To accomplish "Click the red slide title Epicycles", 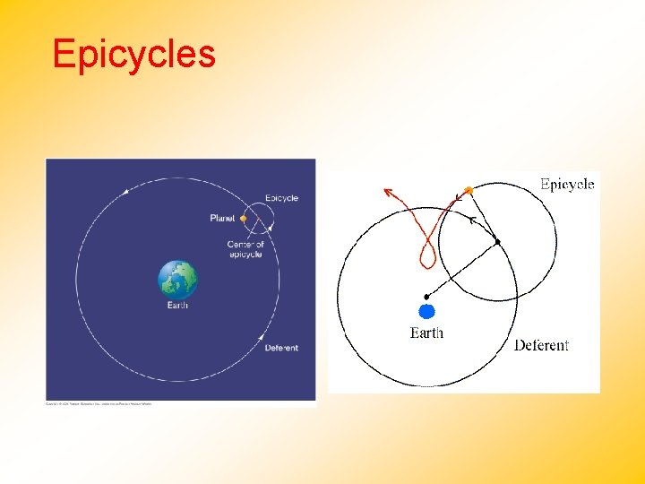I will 133,54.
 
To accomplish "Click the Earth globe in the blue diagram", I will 177,280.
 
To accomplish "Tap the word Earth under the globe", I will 177,306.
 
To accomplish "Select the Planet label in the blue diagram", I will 222,218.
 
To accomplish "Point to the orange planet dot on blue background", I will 243,218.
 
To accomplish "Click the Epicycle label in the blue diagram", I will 281,198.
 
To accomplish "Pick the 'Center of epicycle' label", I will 245,249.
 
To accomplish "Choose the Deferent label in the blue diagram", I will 281,348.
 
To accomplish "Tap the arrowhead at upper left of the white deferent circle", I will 126,190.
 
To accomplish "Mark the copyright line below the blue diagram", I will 99,404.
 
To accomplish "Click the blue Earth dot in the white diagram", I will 426,312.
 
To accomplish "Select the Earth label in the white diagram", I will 426,333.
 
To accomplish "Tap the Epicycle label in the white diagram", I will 567,185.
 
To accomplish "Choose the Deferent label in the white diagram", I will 541,345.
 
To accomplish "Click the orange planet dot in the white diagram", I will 467,190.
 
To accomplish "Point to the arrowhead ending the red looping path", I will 387,190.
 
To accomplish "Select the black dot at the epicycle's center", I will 498,241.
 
